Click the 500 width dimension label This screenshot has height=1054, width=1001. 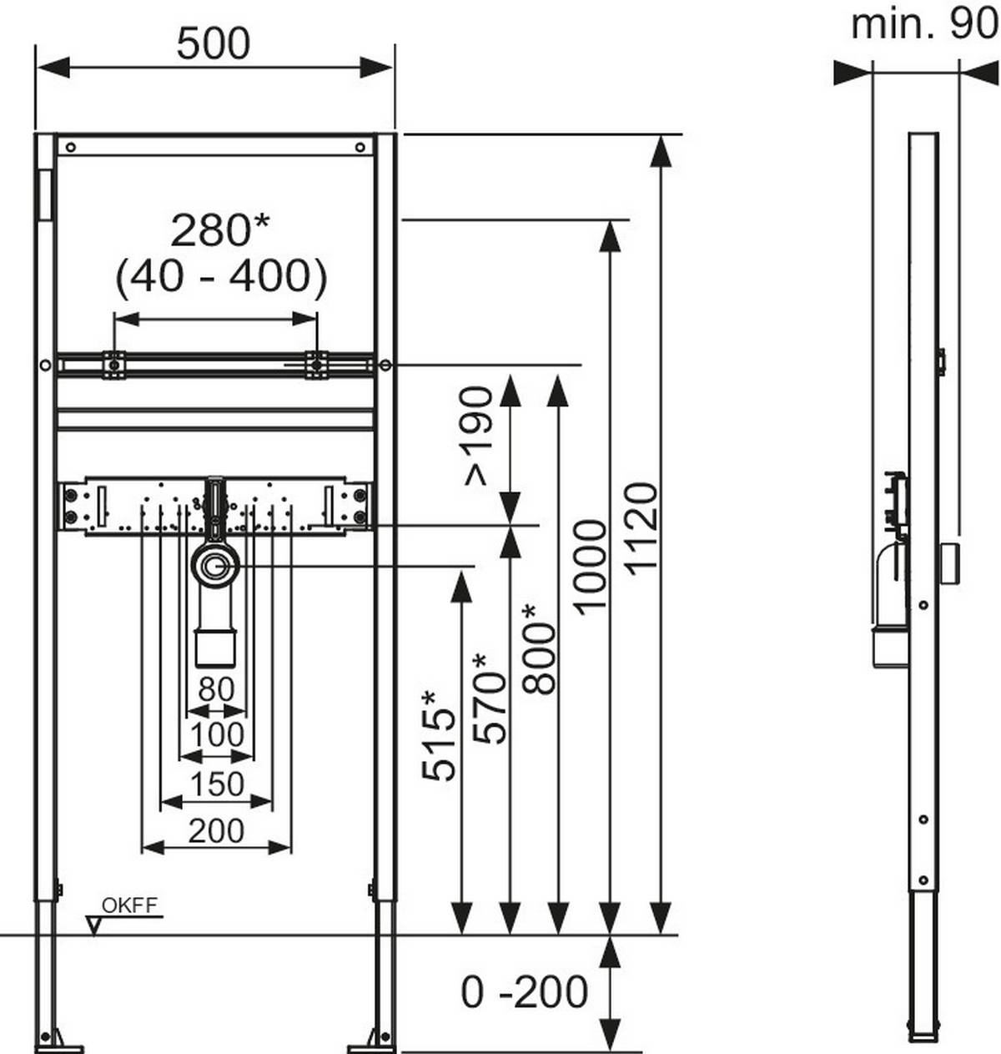pyautogui.click(x=213, y=43)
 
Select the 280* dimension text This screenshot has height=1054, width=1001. pyautogui.click(x=220, y=230)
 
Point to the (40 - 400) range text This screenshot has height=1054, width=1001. pyautogui.click(x=220, y=277)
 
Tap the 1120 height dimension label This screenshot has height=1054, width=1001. pyautogui.click(x=642, y=527)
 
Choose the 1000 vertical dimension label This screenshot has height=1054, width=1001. pyautogui.click(x=591, y=566)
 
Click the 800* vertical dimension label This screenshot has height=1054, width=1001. pyautogui.click(x=540, y=648)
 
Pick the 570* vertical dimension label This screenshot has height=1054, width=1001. pyautogui.click(x=490, y=698)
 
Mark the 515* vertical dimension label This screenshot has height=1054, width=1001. pyautogui.click(x=440, y=734)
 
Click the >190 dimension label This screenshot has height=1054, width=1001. pyautogui.click(x=479, y=436)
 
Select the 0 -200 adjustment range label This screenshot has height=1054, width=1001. pyautogui.click(x=525, y=992)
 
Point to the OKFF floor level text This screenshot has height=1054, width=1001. pyautogui.click(x=129, y=905)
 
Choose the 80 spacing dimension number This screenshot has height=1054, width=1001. pyautogui.click(x=216, y=689)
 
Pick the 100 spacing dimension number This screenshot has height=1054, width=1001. pyautogui.click(x=216, y=735)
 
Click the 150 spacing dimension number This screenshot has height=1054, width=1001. pyautogui.click(x=216, y=784)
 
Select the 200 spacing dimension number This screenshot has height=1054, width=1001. pyautogui.click(x=216, y=830)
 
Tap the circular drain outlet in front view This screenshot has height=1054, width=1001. pyautogui.click(x=216, y=566)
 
